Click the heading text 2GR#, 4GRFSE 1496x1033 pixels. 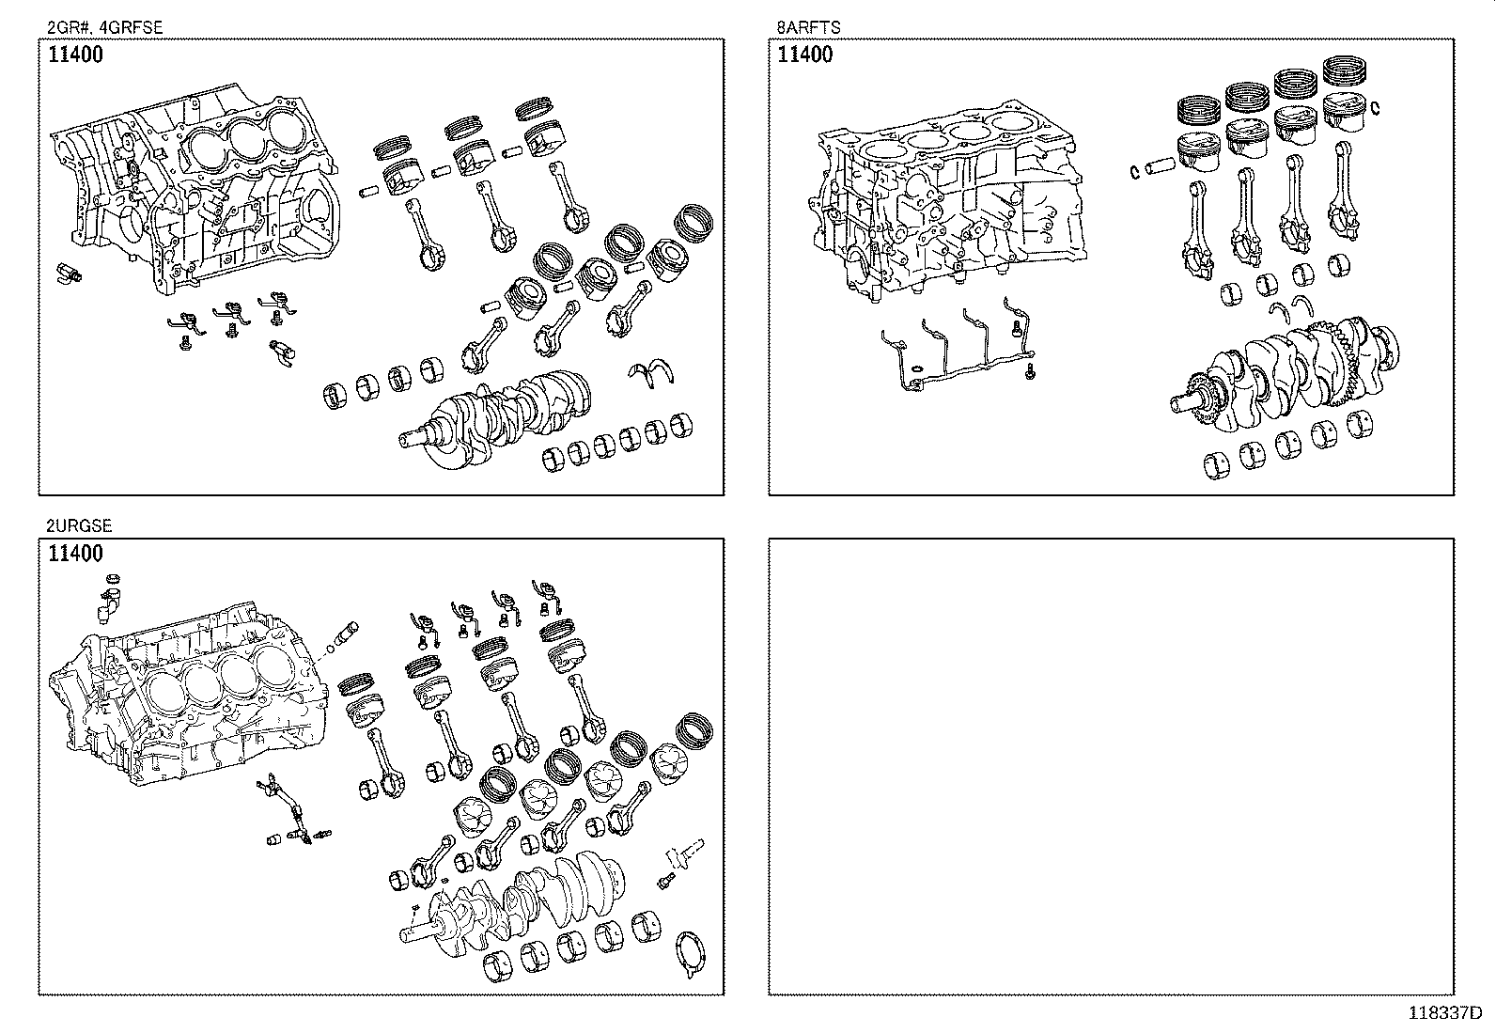point(105,27)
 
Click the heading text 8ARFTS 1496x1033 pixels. point(808,27)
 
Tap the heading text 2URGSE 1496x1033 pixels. point(79,525)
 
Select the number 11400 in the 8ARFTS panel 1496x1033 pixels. point(804,55)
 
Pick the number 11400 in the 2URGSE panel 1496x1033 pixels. point(75,554)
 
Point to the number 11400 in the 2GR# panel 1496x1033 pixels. point(75,55)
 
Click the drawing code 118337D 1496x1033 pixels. point(1445,1013)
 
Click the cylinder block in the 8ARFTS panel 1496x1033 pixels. point(948,200)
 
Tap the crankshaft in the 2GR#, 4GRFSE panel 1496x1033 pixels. point(494,417)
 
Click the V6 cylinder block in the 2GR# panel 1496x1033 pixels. point(197,191)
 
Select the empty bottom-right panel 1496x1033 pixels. point(1111,766)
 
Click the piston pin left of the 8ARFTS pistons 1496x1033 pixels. point(1161,166)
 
